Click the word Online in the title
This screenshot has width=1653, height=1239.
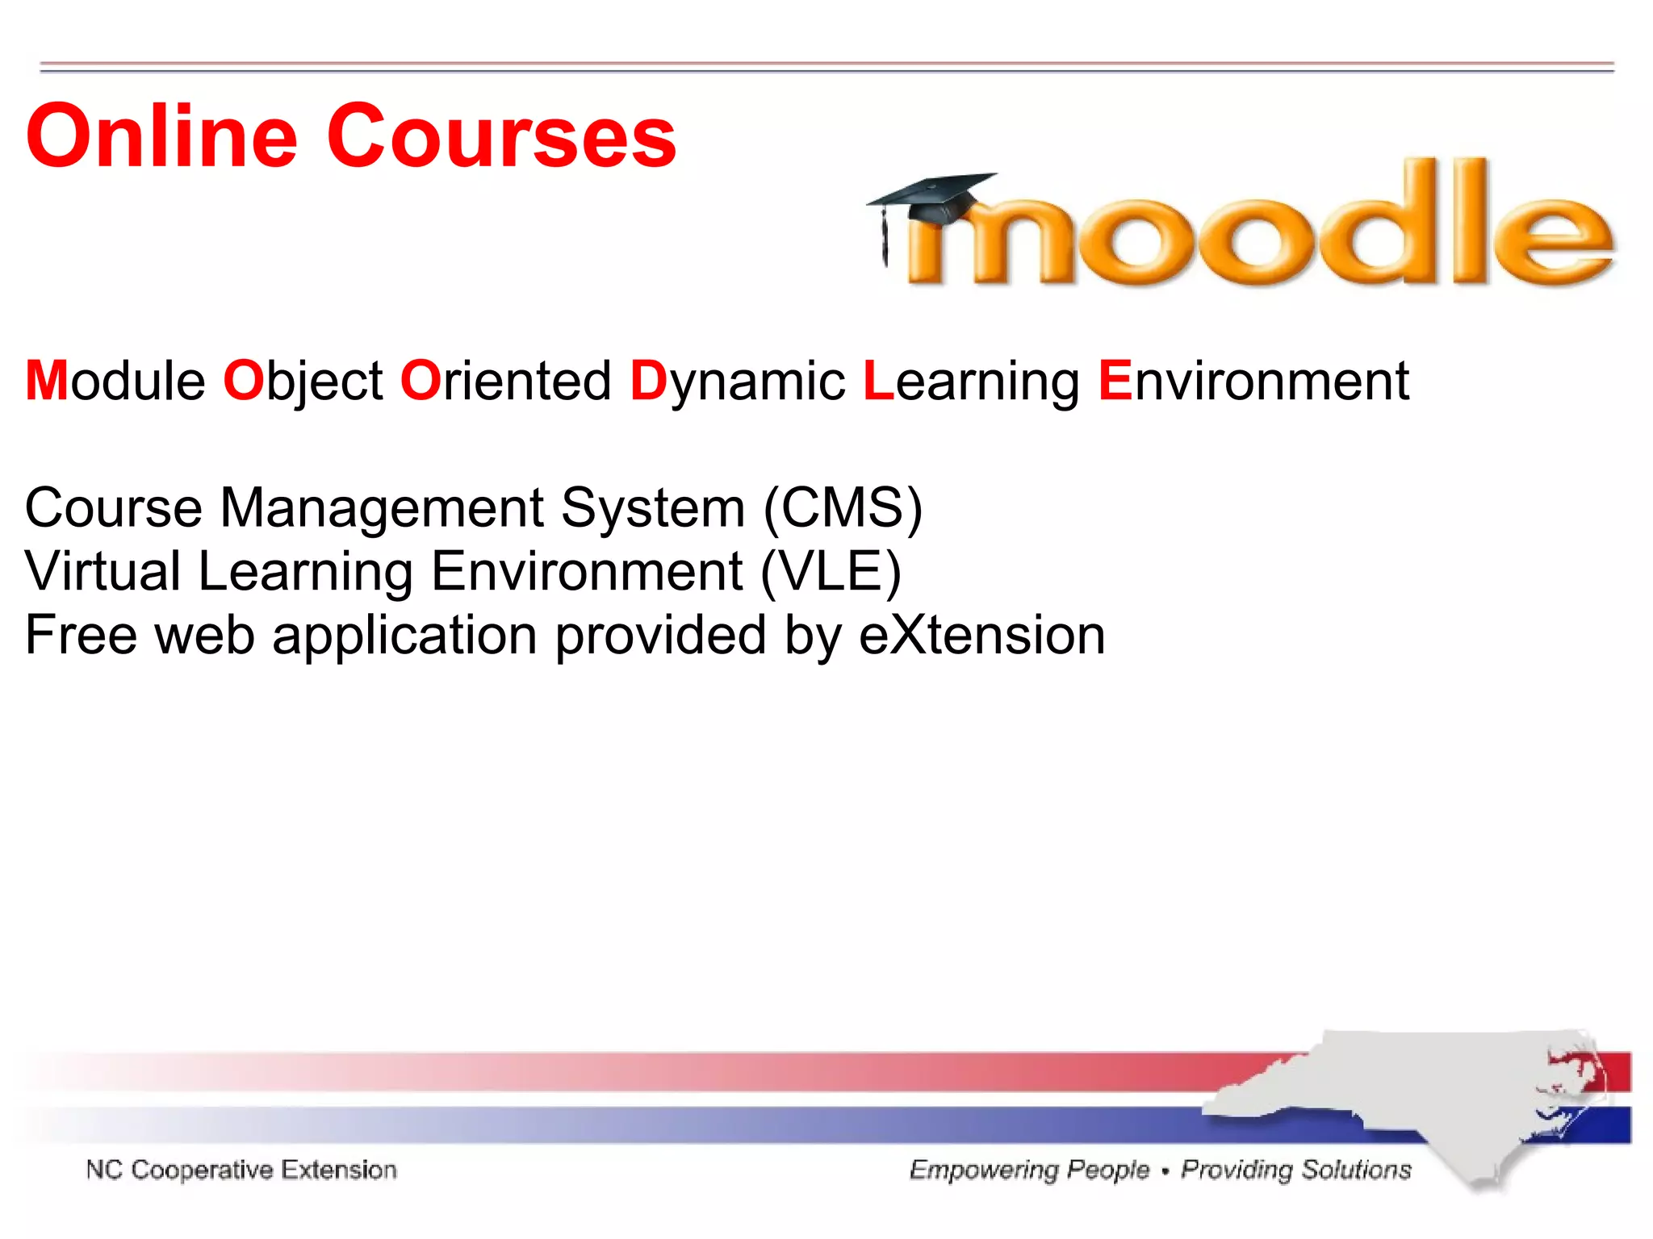pyautogui.click(x=161, y=137)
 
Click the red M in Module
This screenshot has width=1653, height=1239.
pyautogui.click(x=47, y=381)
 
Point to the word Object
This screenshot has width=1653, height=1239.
pyautogui.click(x=303, y=381)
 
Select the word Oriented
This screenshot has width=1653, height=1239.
pyautogui.click(x=505, y=381)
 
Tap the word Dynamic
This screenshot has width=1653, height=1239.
pyautogui.click(x=737, y=381)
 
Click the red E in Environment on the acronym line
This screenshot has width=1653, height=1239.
pyautogui.click(x=1115, y=381)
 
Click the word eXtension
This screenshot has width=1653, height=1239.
pyautogui.click(x=981, y=635)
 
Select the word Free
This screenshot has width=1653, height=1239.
pyautogui.click(x=81, y=635)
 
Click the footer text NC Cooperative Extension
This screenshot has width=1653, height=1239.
pyautogui.click(x=241, y=1170)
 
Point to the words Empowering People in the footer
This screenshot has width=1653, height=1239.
pyautogui.click(x=1029, y=1170)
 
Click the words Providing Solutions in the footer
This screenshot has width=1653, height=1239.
pyautogui.click(x=1296, y=1170)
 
